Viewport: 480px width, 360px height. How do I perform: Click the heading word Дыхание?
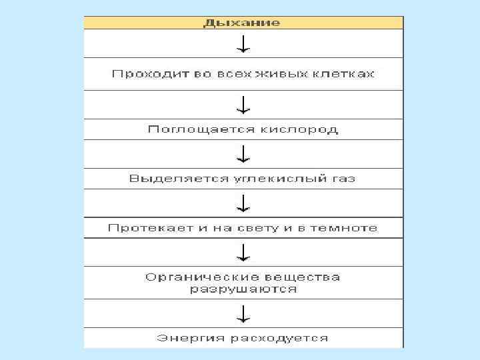[x=242, y=23]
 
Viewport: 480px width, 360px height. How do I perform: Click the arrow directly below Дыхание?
[x=244, y=43]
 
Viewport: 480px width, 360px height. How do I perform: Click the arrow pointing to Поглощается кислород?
[x=244, y=104]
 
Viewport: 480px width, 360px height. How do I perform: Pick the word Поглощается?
[x=187, y=129]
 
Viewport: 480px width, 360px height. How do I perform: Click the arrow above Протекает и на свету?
[x=244, y=203]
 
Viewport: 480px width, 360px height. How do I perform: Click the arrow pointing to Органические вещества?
[x=244, y=252]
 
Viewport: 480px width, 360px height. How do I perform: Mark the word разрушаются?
[x=243, y=289]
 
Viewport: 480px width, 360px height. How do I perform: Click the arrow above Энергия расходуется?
[x=244, y=313]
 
